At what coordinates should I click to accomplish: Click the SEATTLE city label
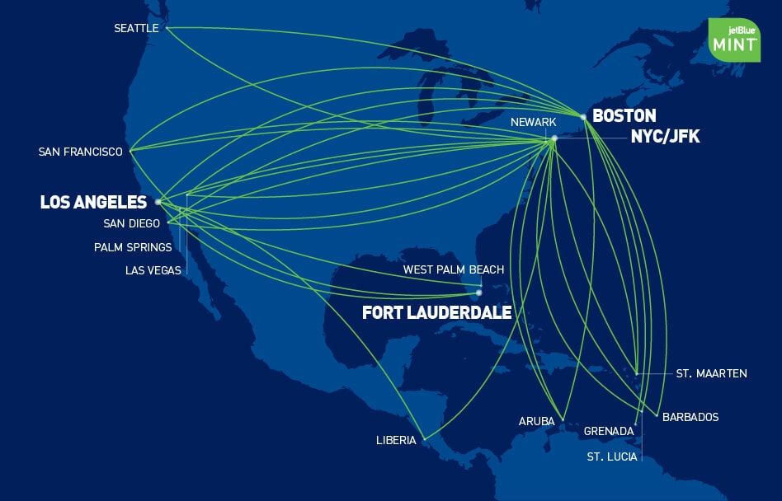(x=136, y=28)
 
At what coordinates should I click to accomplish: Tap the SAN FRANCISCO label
(x=80, y=152)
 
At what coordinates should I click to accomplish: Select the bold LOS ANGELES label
(x=93, y=202)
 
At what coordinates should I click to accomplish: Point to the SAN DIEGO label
(x=131, y=223)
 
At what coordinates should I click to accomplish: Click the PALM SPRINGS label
(x=133, y=247)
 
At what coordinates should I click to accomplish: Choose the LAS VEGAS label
(x=153, y=270)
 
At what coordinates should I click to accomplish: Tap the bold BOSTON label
(x=624, y=116)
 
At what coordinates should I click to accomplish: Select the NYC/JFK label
(x=665, y=137)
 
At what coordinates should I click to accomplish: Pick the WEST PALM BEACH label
(x=453, y=269)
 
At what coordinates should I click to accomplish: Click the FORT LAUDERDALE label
(x=436, y=313)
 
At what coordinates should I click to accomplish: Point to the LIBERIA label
(x=396, y=440)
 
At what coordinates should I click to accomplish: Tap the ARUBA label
(x=536, y=421)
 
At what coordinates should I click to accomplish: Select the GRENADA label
(x=609, y=431)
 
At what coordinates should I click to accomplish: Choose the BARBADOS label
(x=690, y=417)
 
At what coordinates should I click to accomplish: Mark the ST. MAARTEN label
(x=711, y=373)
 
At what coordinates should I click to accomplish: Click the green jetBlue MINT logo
(x=733, y=39)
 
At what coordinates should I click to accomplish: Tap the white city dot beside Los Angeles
(x=158, y=201)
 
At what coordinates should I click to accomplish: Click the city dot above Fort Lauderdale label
(x=478, y=293)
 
